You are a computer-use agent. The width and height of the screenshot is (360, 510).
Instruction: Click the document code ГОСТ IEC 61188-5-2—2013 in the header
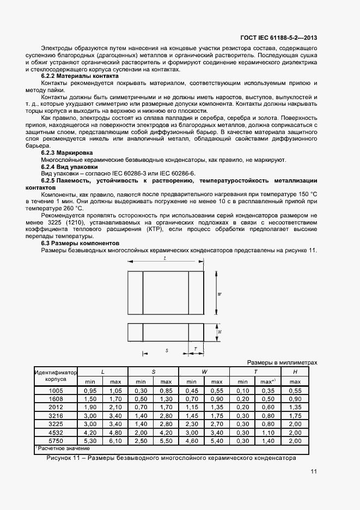[278, 38]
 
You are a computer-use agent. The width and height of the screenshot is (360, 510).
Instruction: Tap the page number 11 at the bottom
[314, 472]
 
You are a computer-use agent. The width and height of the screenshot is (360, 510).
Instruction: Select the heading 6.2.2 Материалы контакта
[80, 77]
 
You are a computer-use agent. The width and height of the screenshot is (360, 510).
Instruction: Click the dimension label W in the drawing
[219, 294]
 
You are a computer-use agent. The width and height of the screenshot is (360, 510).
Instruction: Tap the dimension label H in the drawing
[219, 331]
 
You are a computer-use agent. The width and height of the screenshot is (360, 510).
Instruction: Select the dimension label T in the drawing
[195, 347]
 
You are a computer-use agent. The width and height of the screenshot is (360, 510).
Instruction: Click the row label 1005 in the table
[56, 391]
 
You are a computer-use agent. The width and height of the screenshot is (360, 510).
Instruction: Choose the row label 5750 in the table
[56, 440]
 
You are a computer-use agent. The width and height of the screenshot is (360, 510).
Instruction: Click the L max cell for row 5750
[115, 440]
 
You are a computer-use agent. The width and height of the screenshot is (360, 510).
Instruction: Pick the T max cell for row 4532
[267, 432]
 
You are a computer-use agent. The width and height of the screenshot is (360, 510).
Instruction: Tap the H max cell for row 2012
[295, 407]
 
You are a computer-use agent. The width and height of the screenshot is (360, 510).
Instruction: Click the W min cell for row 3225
[191, 423]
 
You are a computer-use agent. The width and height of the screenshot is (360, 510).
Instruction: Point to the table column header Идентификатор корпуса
[56, 376]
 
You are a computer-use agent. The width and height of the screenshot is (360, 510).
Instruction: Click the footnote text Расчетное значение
[57, 448]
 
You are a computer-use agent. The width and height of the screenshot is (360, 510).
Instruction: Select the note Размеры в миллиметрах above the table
[282, 362]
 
